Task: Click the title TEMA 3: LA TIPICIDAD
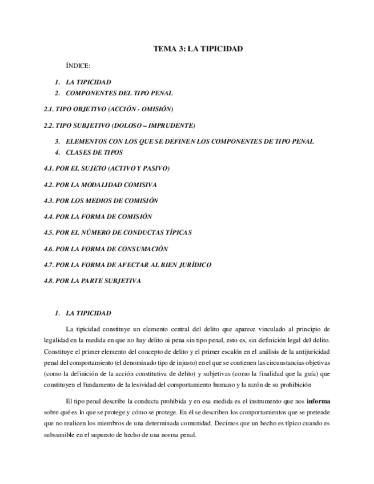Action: (x=198, y=49)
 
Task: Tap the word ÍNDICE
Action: (x=78, y=66)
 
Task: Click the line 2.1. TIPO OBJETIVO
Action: (x=108, y=109)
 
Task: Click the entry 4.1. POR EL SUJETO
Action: (x=106, y=169)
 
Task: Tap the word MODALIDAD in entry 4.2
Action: (x=109, y=185)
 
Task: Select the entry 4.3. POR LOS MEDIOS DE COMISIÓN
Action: (x=101, y=201)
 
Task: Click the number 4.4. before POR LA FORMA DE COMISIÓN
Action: (x=49, y=217)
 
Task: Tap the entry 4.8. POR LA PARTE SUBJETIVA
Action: (x=92, y=281)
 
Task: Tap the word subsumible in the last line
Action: (x=61, y=435)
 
